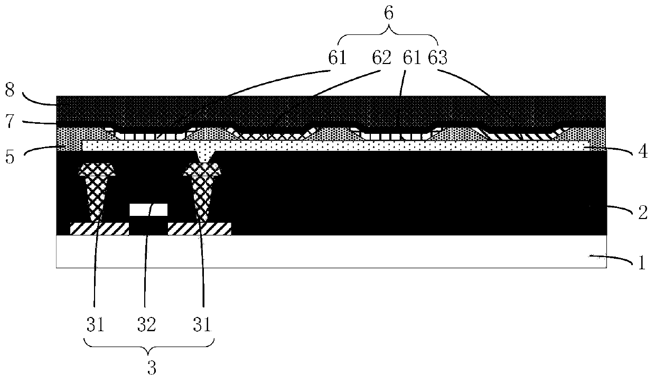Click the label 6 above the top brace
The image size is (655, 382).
pyautogui.click(x=389, y=14)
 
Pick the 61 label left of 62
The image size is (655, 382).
pyautogui.click(x=337, y=57)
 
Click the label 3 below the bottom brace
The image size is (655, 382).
pyautogui.click(x=152, y=368)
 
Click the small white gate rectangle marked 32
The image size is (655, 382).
pyautogui.click(x=148, y=210)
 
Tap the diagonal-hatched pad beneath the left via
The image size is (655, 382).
pyautogui.click(x=99, y=229)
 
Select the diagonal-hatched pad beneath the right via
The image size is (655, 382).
pyautogui.click(x=199, y=229)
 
